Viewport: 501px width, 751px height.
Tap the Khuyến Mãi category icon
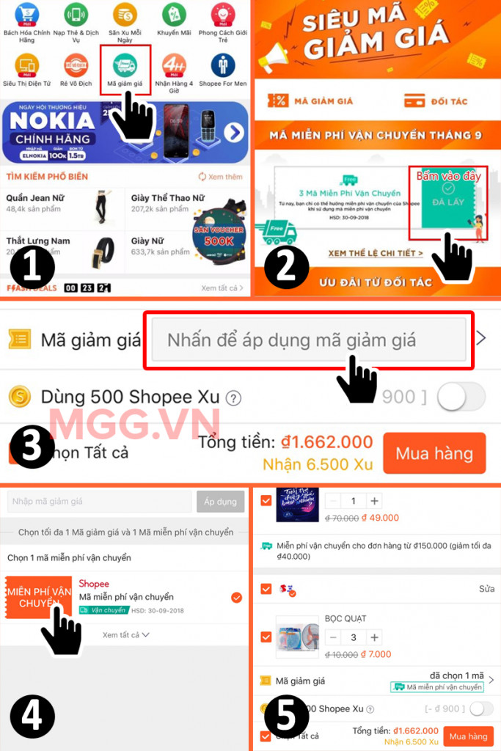(173, 15)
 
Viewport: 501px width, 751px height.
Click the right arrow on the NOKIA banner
(233, 133)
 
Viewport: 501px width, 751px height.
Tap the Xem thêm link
(221, 177)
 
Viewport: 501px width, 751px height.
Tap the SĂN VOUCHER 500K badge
(219, 233)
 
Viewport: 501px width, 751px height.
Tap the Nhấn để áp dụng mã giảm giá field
(309, 340)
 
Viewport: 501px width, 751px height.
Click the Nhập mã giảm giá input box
(100, 502)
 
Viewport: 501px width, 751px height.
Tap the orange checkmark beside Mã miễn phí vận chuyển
(236, 598)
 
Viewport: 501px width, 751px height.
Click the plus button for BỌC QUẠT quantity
(374, 637)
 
